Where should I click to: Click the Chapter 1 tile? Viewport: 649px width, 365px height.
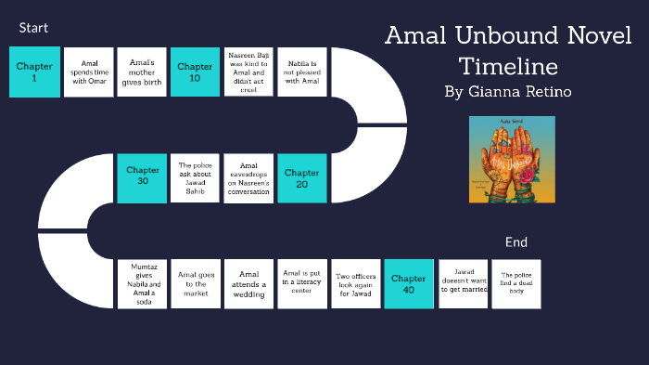coord(34,72)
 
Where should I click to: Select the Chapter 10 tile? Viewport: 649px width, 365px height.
coord(195,72)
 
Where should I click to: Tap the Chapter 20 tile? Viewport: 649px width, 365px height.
coord(302,177)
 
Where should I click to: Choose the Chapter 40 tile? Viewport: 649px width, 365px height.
coord(409,283)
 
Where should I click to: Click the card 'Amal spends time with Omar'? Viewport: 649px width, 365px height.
coord(88,72)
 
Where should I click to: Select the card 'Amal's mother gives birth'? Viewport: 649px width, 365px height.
coord(142,72)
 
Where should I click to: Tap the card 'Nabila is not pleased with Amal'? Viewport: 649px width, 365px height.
coord(302,72)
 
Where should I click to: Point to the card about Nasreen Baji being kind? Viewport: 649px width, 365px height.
coord(248,72)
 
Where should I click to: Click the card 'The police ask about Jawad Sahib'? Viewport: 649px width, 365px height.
coord(195,177)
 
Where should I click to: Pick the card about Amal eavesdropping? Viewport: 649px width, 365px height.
coord(248,177)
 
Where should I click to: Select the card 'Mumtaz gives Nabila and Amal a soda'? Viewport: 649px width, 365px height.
coord(142,283)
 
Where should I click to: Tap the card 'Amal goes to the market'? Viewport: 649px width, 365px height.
coord(195,283)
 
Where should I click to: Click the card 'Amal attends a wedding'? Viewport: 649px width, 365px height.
coord(248,283)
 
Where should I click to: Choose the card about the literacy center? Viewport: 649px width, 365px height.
coord(302,283)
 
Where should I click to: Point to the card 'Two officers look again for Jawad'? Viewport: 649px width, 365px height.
coord(356,283)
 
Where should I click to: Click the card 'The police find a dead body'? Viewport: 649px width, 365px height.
coord(516,283)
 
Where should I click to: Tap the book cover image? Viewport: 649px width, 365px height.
coord(512,160)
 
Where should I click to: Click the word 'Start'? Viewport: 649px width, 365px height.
coord(33,28)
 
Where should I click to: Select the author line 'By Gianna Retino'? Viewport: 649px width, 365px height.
coord(507,92)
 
